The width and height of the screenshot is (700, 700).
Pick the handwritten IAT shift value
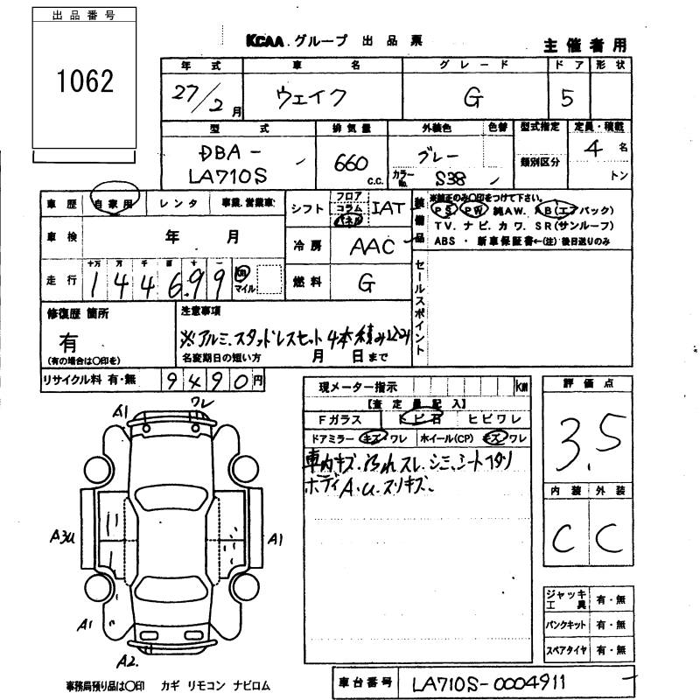pos(388,208)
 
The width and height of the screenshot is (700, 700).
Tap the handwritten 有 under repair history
pos(69,341)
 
